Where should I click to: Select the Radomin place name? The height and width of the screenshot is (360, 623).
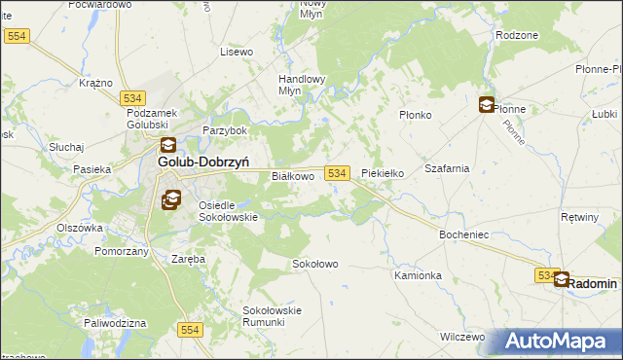pyautogui.click(x=594, y=283)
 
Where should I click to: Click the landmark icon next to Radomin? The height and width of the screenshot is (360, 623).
pyautogui.click(x=563, y=280)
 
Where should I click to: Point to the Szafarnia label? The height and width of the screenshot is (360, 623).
pyautogui.click(x=447, y=168)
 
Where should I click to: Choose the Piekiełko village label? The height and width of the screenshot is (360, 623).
pyautogui.click(x=382, y=173)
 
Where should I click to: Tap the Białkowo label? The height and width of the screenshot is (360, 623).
pyautogui.click(x=292, y=176)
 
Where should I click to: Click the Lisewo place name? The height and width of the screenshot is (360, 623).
pyautogui.click(x=237, y=52)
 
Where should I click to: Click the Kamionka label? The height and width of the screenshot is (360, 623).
pyautogui.click(x=419, y=275)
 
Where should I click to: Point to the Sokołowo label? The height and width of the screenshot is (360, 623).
pyautogui.click(x=315, y=264)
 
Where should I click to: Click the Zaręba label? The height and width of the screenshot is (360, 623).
pyautogui.click(x=189, y=260)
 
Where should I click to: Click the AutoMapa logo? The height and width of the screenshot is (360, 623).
pyautogui.click(x=560, y=342)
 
